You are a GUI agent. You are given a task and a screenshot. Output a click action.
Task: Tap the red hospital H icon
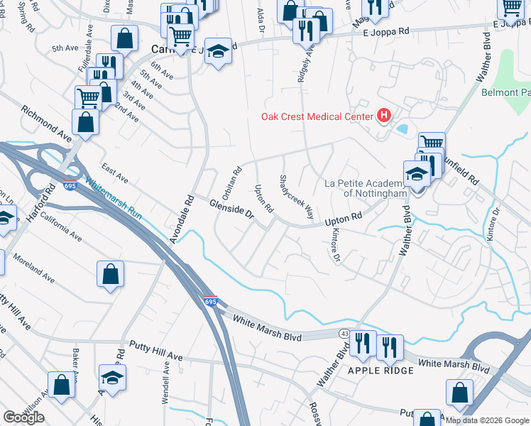pyautogui.click(x=384, y=115)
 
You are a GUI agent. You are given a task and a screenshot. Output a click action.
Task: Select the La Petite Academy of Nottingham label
pyautogui.click(x=365, y=187)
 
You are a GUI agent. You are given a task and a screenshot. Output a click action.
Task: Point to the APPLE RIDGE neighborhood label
pyautogui.click(x=381, y=371)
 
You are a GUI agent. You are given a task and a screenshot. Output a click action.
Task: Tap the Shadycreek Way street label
pyautogui.click(x=297, y=197)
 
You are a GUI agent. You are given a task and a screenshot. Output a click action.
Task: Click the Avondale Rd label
pyautogui.click(x=182, y=219)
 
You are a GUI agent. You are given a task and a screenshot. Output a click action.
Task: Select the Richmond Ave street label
pyautogui.click(x=46, y=124)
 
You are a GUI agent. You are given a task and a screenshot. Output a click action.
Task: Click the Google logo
pyautogui.click(x=23, y=417)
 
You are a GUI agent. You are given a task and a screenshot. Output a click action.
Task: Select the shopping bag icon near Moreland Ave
pyautogui.click(x=111, y=274)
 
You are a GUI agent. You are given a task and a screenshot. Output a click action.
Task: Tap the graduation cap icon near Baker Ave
pyautogui.click(x=112, y=377)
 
